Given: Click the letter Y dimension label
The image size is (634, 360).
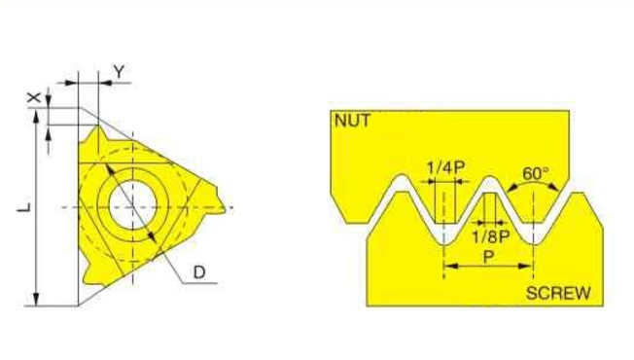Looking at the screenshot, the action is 120,72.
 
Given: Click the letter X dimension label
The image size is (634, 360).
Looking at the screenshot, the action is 35,97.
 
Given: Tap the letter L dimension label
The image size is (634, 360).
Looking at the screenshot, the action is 24,207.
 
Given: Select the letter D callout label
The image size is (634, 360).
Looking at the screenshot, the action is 199,272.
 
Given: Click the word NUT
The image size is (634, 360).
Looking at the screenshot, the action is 352,121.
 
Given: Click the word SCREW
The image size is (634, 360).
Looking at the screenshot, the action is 558,293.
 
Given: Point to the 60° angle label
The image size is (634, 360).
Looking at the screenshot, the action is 536,173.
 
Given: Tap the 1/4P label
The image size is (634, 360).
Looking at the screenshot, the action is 445,166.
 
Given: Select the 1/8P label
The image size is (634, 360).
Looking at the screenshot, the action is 490,237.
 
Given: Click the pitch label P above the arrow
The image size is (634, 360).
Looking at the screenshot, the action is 488,256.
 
